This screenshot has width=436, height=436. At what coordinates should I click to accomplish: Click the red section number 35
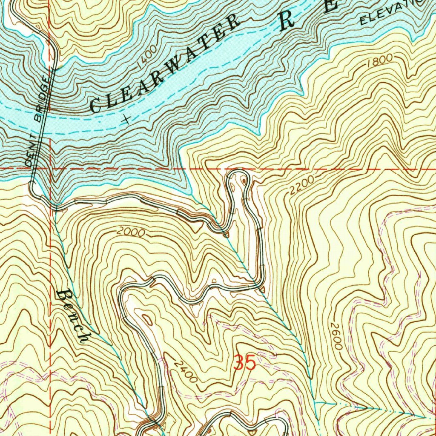coord(245,363)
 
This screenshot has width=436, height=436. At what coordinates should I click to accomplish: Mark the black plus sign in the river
coord(126,120)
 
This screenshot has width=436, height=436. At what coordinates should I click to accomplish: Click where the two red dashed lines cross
coord(50,169)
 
